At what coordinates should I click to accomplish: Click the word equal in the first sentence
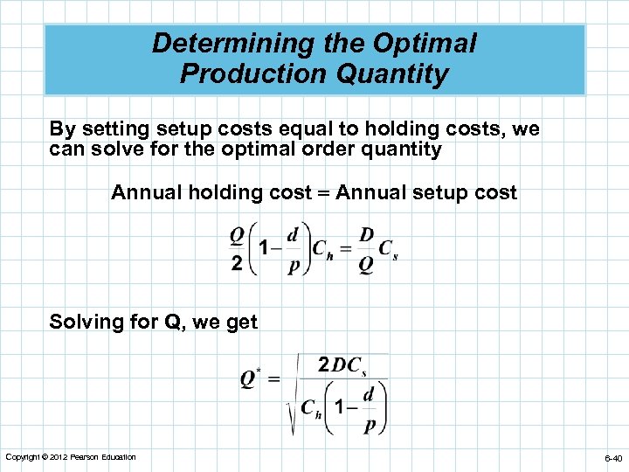[325, 129]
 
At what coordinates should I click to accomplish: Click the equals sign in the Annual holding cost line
[323, 193]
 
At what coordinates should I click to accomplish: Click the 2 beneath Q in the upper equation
[237, 264]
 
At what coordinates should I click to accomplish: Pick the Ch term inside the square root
[310, 407]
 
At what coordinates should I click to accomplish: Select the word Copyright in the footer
[24, 457]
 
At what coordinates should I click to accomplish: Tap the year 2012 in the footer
[59, 457]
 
